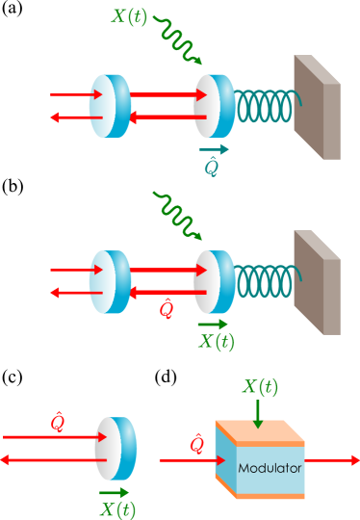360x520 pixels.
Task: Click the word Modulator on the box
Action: pyautogui.click(x=270, y=468)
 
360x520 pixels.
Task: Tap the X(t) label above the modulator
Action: pyautogui.click(x=260, y=387)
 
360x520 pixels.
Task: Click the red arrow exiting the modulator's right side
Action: pyautogui.click(x=331, y=461)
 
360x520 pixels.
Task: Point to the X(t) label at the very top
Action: pyautogui.click(x=130, y=16)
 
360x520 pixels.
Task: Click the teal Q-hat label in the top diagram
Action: pyautogui.click(x=214, y=167)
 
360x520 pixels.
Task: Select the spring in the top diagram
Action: pyautogui.click(x=265, y=107)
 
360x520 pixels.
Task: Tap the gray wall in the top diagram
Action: pyautogui.click(x=317, y=106)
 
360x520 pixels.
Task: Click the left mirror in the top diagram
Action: pyautogui.click(x=110, y=106)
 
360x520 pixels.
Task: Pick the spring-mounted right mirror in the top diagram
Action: pyautogui.click(x=214, y=106)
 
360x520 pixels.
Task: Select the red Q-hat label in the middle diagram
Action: pyautogui.click(x=166, y=308)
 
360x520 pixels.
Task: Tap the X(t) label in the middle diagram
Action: pyautogui.click(x=215, y=341)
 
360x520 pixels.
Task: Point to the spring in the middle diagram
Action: pyautogui.click(x=265, y=280)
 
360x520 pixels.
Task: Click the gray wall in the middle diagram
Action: pyautogui.click(x=317, y=281)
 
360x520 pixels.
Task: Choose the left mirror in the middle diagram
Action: pyautogui.click(x=110, y=281)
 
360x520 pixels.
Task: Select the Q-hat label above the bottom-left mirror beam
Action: pyautogui.click(x=57, y=423)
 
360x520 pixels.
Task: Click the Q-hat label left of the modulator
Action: pyautogui.click(x=196, y=444)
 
